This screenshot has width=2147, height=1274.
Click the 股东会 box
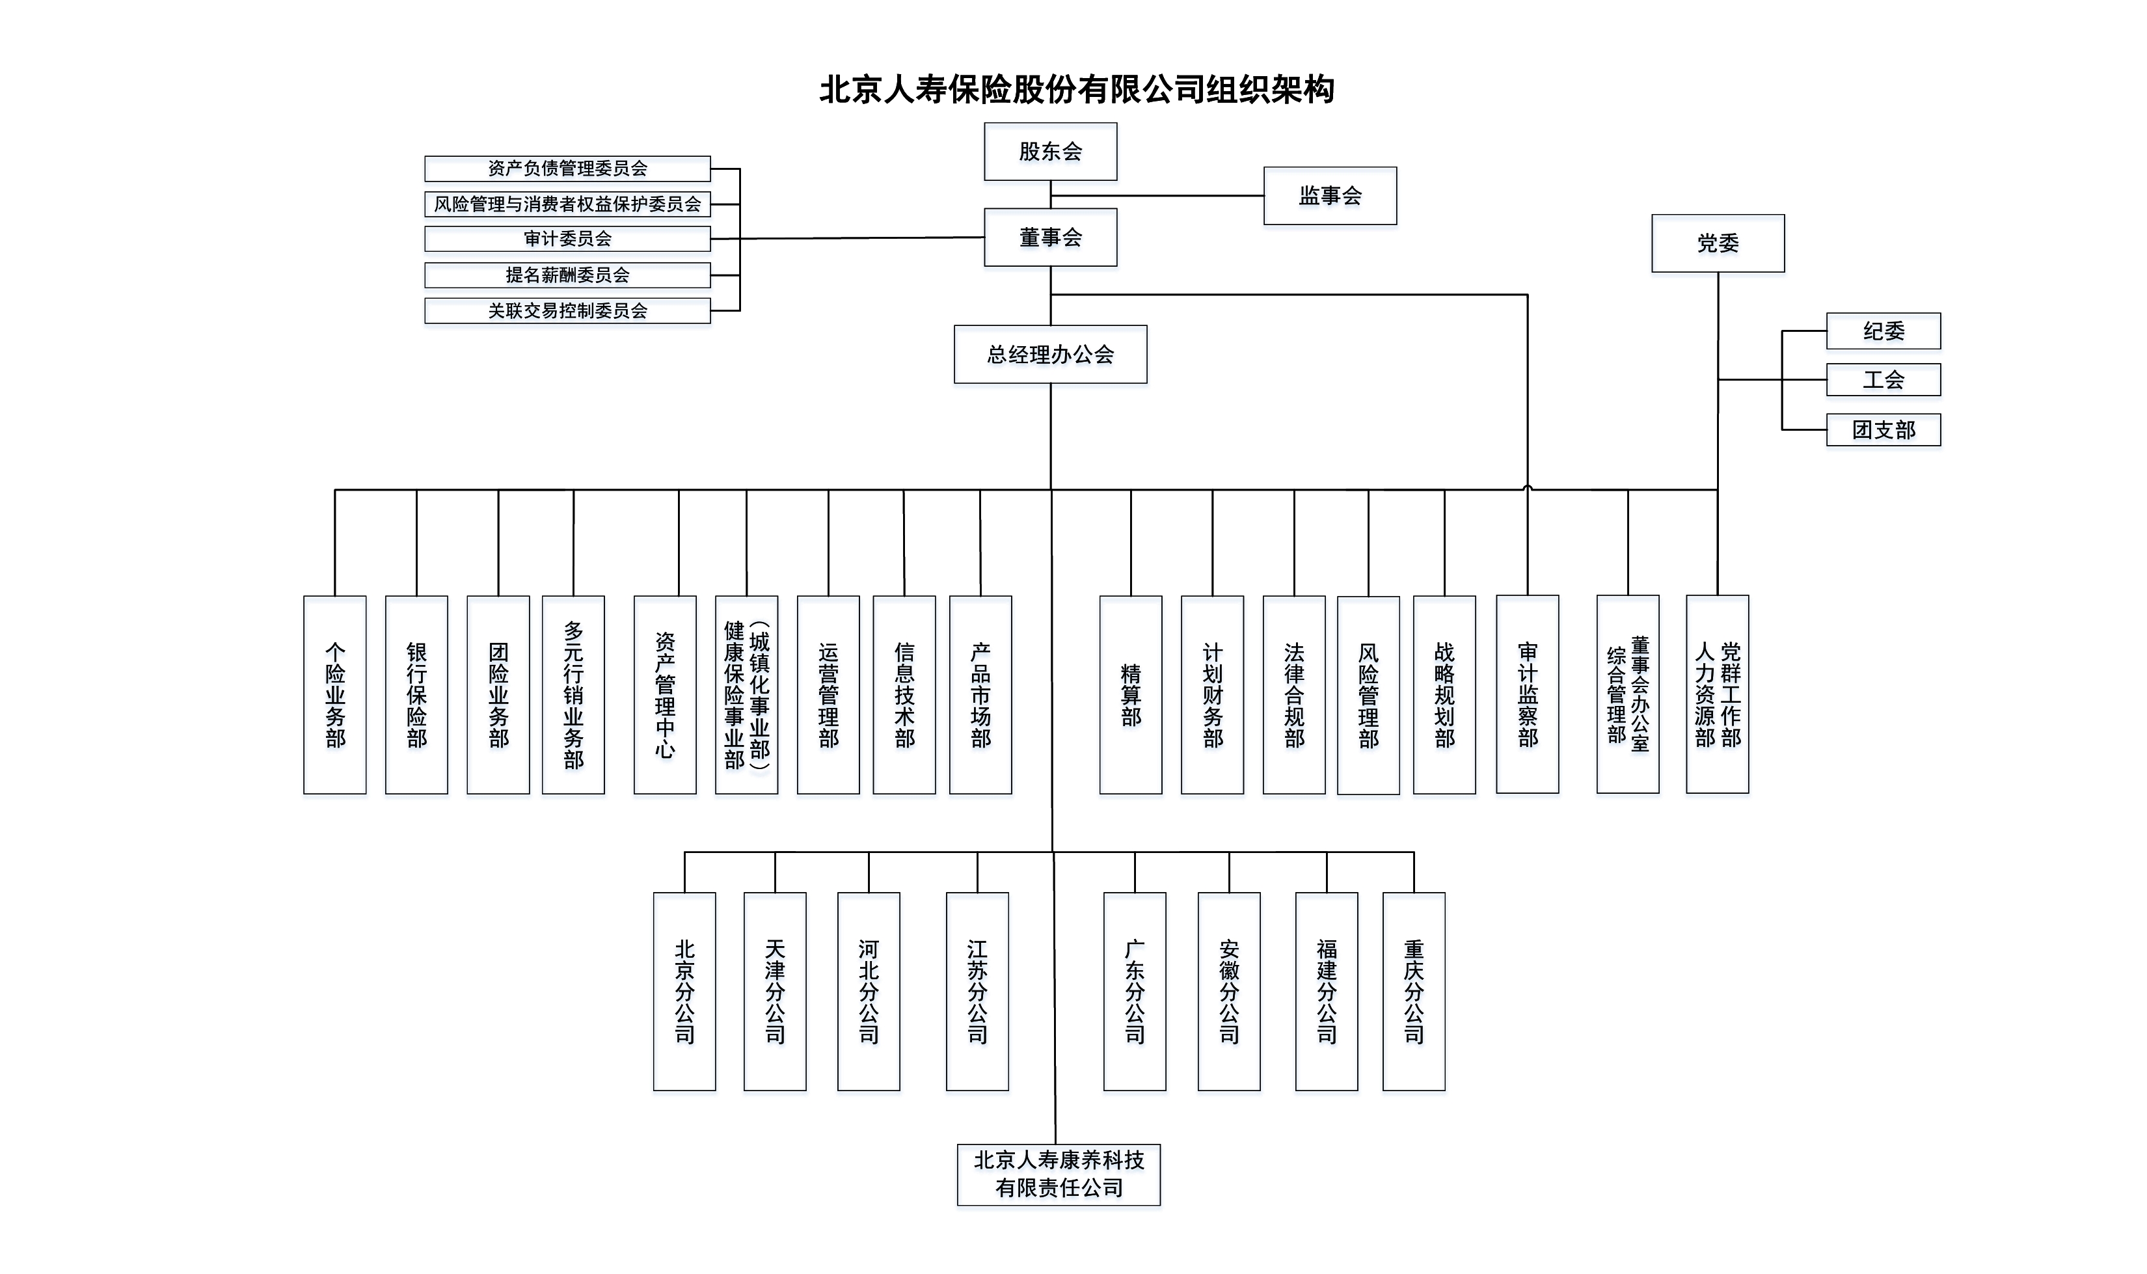[x=1050, y=151]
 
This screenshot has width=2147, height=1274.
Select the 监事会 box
[x=1330, y=196]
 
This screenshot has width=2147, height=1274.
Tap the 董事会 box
[x=1050, y=237]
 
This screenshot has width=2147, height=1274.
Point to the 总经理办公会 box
[x=1050, y=354]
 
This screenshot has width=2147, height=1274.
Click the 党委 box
[x=1718, y=243]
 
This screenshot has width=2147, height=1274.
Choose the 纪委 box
[x=1883, y=331]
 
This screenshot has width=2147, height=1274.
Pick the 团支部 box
[x=1883, y=429]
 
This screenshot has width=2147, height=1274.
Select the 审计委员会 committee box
[x=567, y=239]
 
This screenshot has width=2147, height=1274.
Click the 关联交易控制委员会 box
[x=567, y=311]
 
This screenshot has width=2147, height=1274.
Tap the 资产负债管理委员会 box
[x=567, y=169]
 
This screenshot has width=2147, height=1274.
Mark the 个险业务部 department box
[x=335, y=694]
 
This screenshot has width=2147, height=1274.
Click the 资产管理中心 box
[x=664, y=694]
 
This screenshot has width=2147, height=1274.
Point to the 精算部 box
[x=1131, y=694]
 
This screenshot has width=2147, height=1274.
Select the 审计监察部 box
[x=1527, y=694]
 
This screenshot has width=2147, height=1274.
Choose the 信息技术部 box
[x=904, y=694]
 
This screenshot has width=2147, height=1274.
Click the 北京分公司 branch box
[x=684, y=992]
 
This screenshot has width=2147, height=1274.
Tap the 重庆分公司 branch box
[x=1413, y=992]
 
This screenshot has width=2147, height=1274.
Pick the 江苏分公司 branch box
[x=977, y=992]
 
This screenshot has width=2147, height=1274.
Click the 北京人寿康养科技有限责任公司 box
[x=1059, y=1174]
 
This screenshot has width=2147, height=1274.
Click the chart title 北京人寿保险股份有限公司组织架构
[x=1077, y=89]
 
